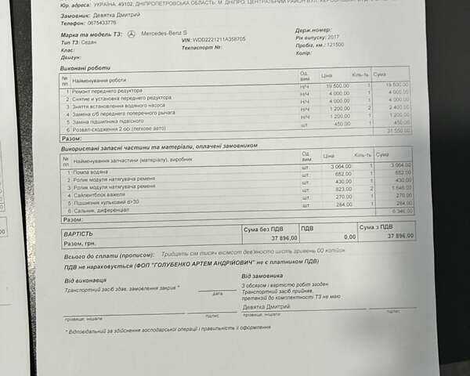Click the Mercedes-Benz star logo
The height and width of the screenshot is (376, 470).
[131, 34]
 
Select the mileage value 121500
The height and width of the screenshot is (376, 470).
[335, 45]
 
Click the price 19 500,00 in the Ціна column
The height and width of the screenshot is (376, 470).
[337, 85]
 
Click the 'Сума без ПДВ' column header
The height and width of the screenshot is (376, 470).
[261, 228]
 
